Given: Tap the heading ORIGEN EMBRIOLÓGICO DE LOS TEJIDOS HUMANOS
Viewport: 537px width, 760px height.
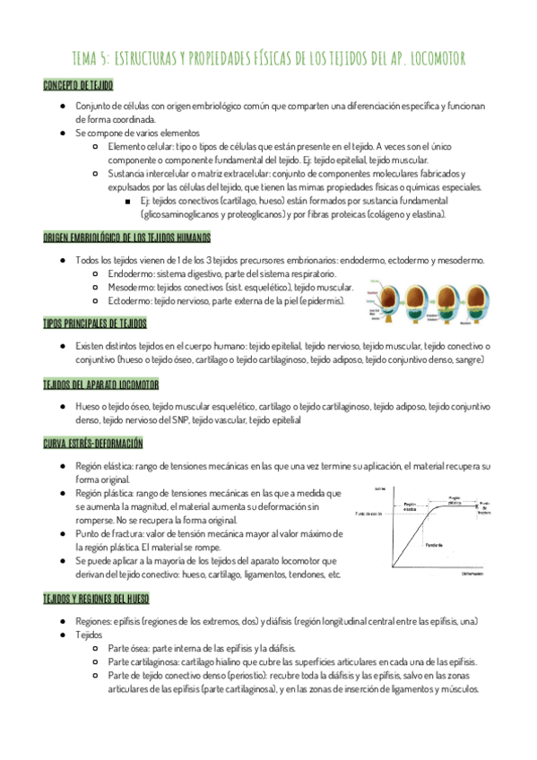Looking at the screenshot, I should [127, 237].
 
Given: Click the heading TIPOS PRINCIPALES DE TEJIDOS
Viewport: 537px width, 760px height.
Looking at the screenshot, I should [95, 324].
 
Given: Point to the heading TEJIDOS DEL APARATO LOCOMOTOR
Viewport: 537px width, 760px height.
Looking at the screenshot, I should [101, 384].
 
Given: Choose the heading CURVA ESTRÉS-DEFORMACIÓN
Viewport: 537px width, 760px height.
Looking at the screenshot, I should [92, 444].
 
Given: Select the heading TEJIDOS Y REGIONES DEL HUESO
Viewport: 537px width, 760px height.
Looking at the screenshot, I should [96, 598].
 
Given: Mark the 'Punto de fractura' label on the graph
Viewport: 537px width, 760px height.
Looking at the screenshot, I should [483, 506].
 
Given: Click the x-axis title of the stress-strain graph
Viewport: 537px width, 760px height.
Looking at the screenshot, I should [472, 573].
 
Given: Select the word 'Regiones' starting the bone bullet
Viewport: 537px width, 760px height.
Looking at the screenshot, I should [95, 621].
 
